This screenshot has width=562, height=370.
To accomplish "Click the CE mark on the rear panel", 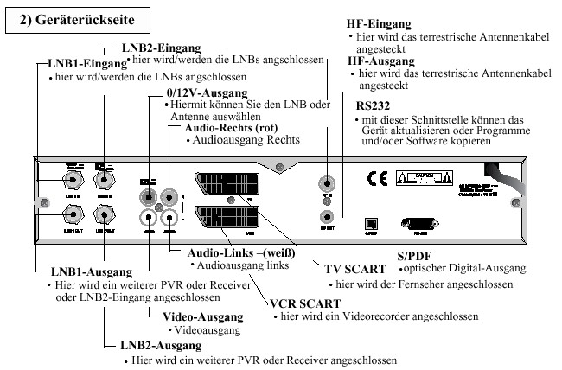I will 378,180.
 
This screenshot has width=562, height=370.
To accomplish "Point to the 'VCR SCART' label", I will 306,303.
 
